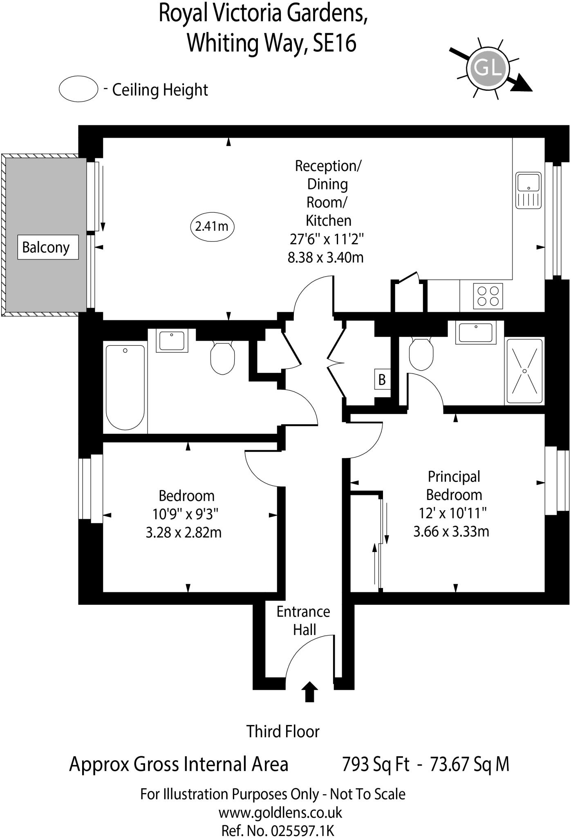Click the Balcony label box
coord(48,247)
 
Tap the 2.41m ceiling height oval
coord(212,226)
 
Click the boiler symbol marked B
coord(382,379)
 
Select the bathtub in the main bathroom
coord(125,387)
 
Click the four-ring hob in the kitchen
coord(488,296)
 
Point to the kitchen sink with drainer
coord(528,190)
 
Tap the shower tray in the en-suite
coord(524,371)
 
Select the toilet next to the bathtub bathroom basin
coord(223,358)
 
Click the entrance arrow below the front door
coord(309,692)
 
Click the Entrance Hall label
coord(303,620)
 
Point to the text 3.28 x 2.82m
coord(184,532)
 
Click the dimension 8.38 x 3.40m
coord(325,257)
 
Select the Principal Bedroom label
coord(454,486)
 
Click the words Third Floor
coord(283,731)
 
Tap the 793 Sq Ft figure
coord(376,764)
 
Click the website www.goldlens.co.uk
coord(280,813)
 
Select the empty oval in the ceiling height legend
coord(78,89)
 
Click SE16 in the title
coord(334,43)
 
